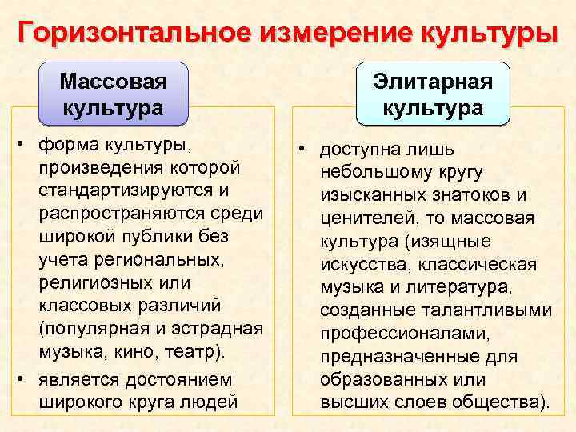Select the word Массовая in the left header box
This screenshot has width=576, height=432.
coord(114,82)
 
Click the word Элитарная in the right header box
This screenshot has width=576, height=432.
coord(433,82)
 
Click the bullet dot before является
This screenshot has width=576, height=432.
coord(20,378)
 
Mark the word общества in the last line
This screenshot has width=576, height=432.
coord(500,402)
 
